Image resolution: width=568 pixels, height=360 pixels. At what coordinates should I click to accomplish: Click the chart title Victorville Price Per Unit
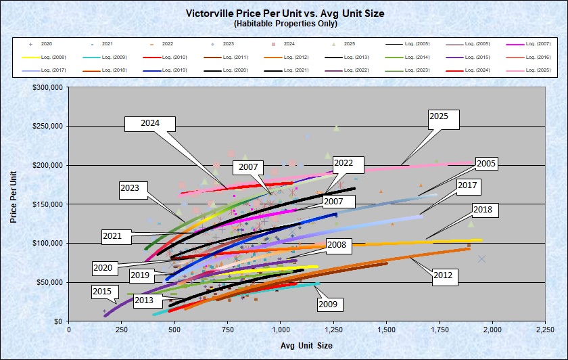283,13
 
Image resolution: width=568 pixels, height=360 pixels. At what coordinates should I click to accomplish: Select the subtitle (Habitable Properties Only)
283,23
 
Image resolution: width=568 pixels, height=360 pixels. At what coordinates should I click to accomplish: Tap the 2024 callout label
150,124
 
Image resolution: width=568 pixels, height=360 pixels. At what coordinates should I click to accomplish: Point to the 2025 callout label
443,117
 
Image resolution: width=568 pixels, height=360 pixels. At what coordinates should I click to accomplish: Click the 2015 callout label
101,291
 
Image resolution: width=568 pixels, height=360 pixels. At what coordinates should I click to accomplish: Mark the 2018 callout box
483,210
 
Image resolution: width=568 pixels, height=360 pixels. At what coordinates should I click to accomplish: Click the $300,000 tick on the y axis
48,87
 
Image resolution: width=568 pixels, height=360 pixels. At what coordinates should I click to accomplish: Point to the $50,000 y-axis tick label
49,282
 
